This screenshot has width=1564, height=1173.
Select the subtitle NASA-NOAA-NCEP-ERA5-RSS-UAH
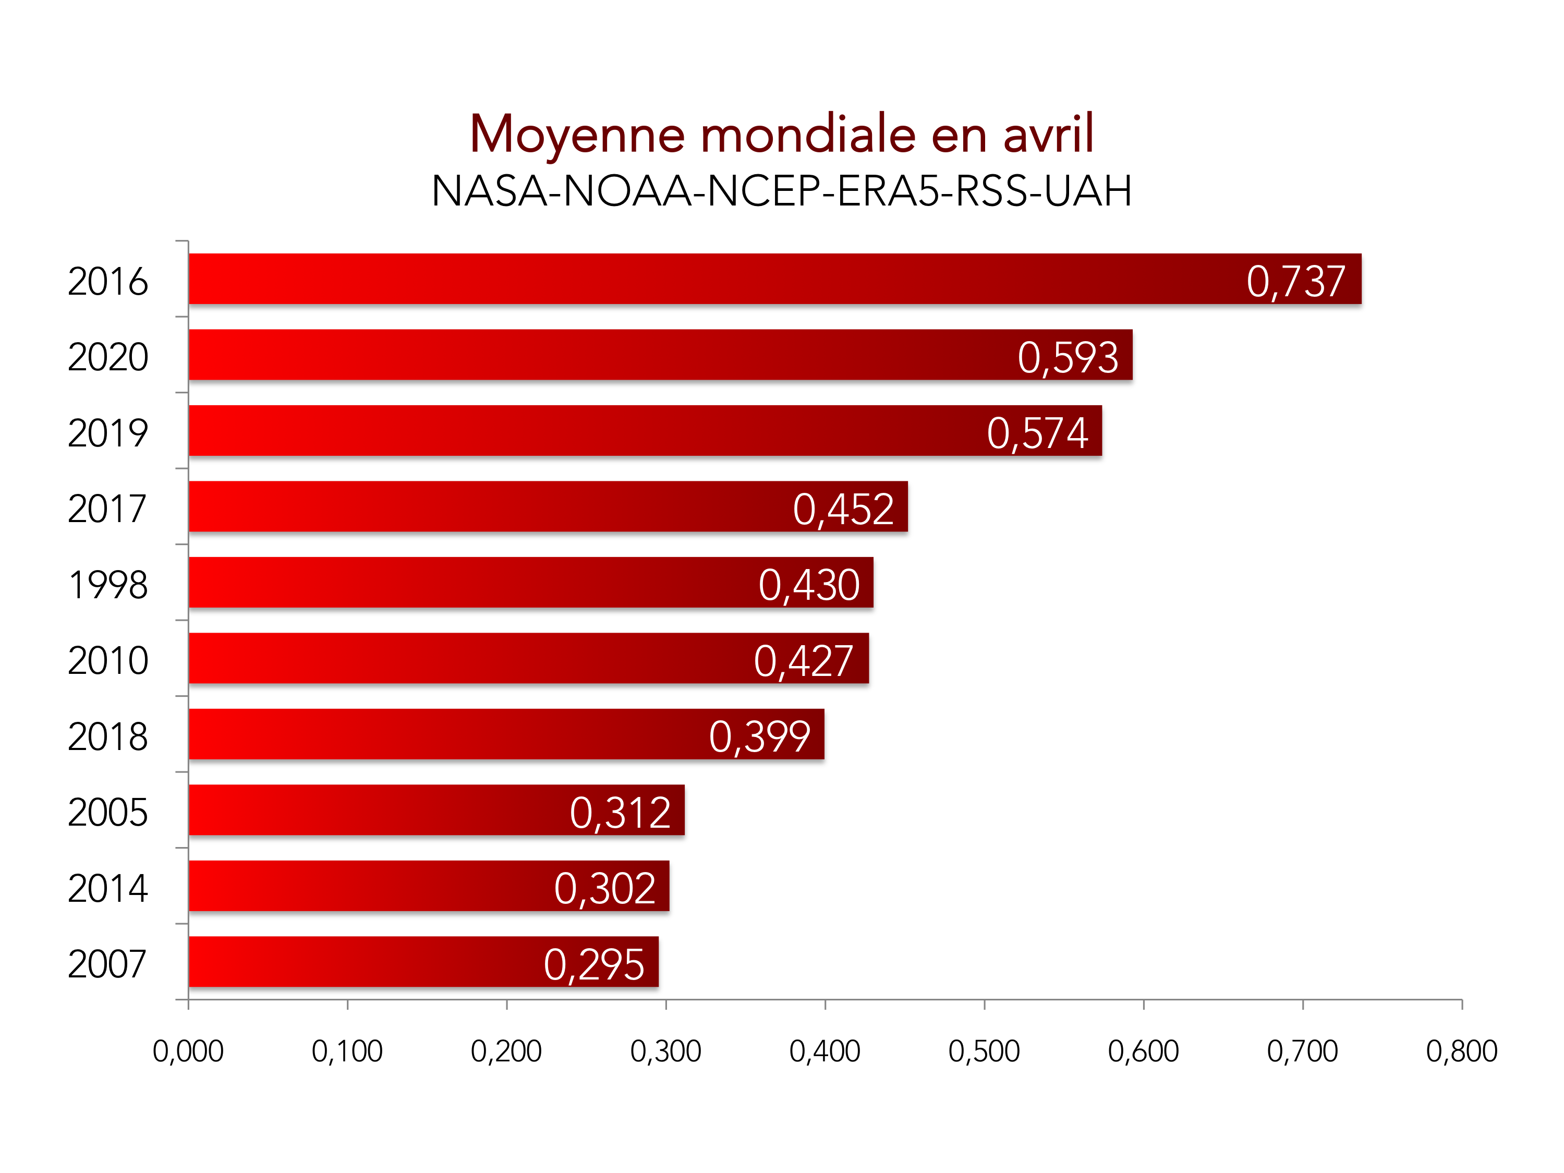[781, 191]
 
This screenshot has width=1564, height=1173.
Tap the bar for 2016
[707, 279]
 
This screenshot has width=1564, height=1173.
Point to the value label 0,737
[1295, 282]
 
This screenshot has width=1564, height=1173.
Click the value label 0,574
[1037, 433]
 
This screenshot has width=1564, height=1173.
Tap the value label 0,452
[843, 509]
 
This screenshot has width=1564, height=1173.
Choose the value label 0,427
[803, 660]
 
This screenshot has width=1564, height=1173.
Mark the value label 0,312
[620, 813]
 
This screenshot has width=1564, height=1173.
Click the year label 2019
[107, 433]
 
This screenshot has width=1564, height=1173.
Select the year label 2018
[107, 736]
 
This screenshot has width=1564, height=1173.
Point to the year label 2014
[107, 888]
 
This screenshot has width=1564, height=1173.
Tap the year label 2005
[107, 813]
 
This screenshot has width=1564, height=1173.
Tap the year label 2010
[107, 660]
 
